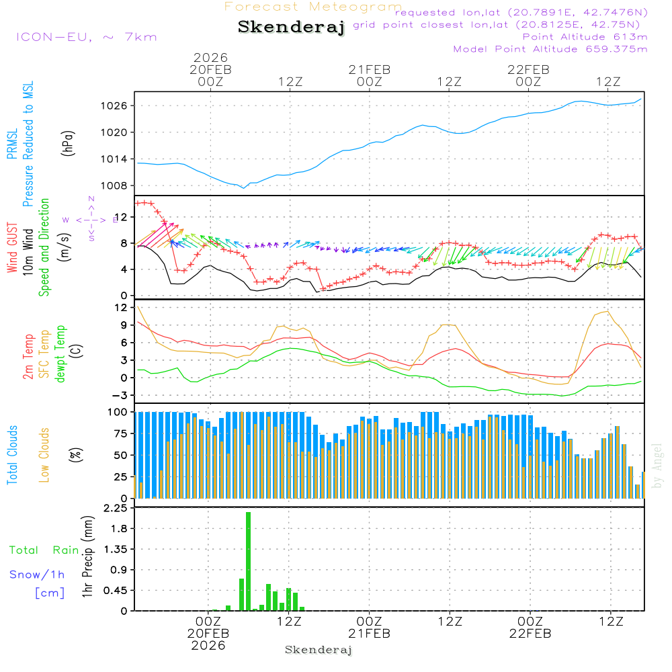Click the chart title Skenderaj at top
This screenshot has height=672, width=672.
coord(291,28)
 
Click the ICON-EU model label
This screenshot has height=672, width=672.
coord(86,37)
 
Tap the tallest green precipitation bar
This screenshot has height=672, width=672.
coord(248,561)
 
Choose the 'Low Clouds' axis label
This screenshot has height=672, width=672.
coord(44,455)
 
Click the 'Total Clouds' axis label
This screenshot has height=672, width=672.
coord(12,455)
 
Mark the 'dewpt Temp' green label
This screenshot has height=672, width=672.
coord(60,354)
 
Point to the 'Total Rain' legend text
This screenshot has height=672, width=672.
coord(44,550)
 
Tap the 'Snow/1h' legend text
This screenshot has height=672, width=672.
coord(38,575)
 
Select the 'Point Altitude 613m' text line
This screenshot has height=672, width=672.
coord(585,36)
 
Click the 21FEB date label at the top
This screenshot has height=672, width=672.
coord(369,69)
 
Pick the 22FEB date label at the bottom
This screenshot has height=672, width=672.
coord(530,634)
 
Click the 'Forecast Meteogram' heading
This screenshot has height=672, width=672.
coord(313,7)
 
